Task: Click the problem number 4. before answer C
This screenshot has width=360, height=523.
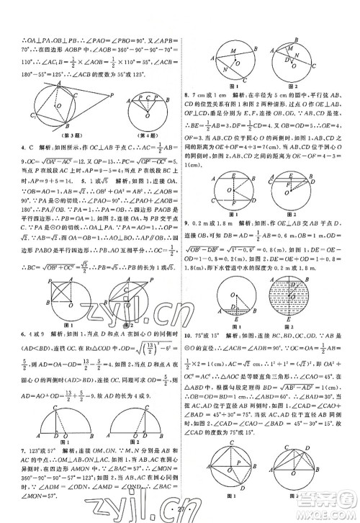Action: (11, 148)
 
